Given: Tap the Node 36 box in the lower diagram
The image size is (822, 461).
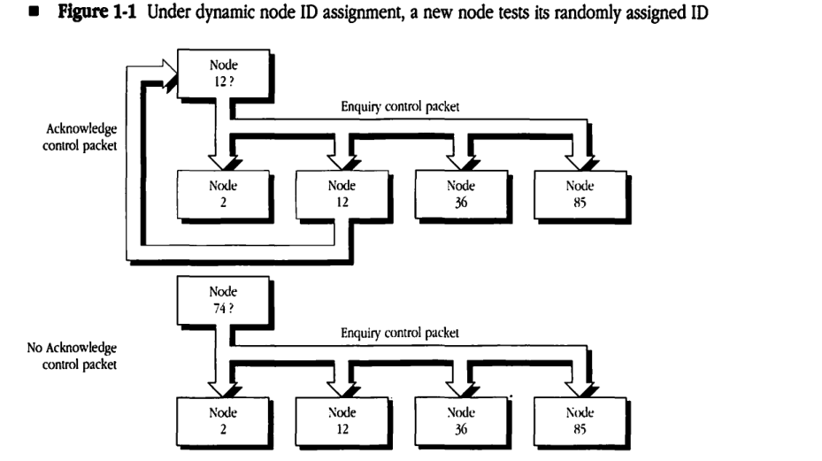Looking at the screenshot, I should point(460,419).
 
